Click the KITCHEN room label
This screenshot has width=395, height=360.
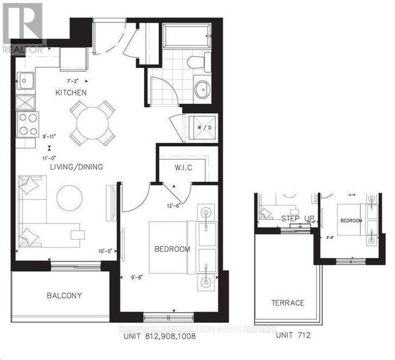tap(70, 92)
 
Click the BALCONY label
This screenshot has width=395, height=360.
tap(64, 296)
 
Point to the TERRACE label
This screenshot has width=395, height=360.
tap(288, 302)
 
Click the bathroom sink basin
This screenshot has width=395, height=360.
tap(202, 89)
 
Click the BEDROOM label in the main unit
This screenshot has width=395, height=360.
tap(172, 249)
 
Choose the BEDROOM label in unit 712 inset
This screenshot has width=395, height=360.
tap(351, 221)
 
